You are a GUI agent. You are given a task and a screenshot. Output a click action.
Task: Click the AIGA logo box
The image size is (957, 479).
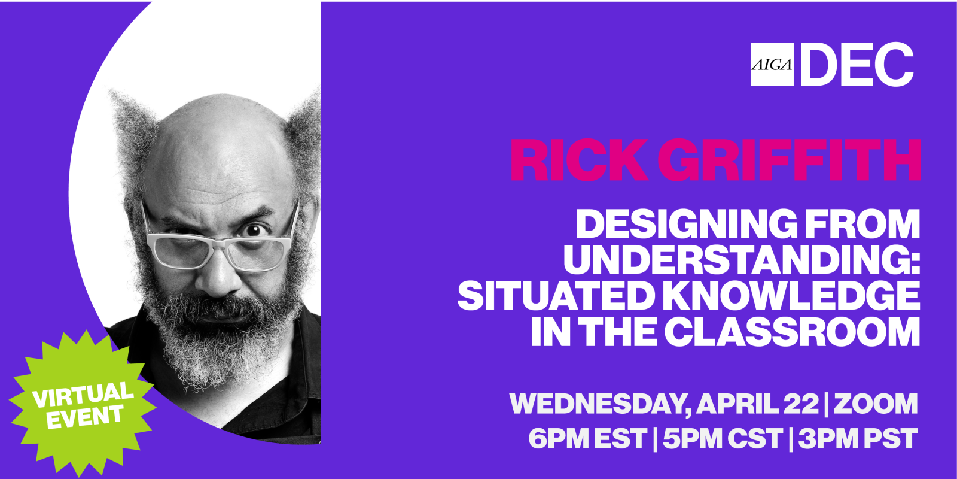(x=772, y=64)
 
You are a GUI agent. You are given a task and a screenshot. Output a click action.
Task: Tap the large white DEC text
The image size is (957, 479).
(x=857, y=64)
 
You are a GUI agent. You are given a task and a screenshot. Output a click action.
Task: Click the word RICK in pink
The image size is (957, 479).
(x=579, y=160)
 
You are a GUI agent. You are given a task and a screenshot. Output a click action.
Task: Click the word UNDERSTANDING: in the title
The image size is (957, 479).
(x=742, y=260)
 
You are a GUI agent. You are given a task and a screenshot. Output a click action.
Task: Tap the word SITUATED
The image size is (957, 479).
(x=554, y=296)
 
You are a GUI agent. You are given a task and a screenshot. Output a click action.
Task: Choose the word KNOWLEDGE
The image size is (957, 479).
(x=790, y=296)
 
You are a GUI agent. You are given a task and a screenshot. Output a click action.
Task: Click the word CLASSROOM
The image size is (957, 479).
(x=792, y=332)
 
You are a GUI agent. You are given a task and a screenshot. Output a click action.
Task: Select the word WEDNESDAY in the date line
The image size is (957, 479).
(x=598, y=404)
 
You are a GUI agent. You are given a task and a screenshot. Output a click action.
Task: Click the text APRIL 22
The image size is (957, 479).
(x=757, y=404)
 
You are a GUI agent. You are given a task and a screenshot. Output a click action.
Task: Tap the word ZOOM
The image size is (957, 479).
(x=876, y=404)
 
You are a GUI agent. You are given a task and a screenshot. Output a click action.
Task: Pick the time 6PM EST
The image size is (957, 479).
(x=588, y=438)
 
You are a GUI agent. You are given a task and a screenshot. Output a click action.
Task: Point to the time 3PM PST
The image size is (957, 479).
(x=858, y=438)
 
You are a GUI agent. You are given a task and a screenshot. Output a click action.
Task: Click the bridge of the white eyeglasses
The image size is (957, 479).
(x=221, y=245)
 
